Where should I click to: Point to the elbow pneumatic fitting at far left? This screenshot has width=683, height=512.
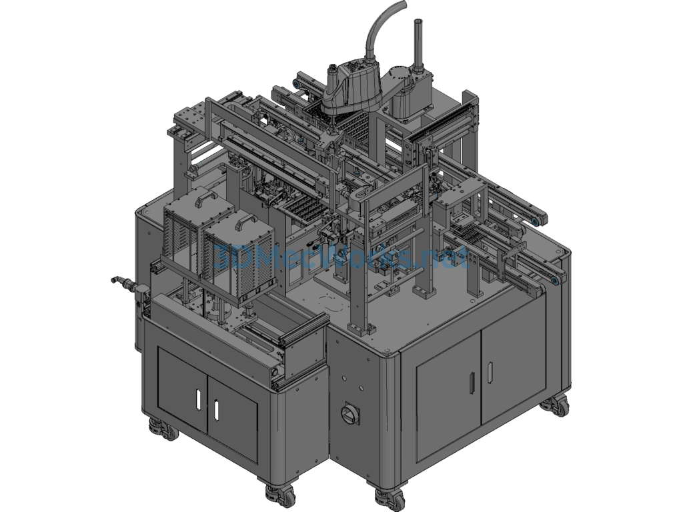click(x=119, y=282)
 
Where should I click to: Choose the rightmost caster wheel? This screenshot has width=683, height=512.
click(x=556, y=405)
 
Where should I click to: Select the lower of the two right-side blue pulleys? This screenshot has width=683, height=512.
click(x=553, y=283)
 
